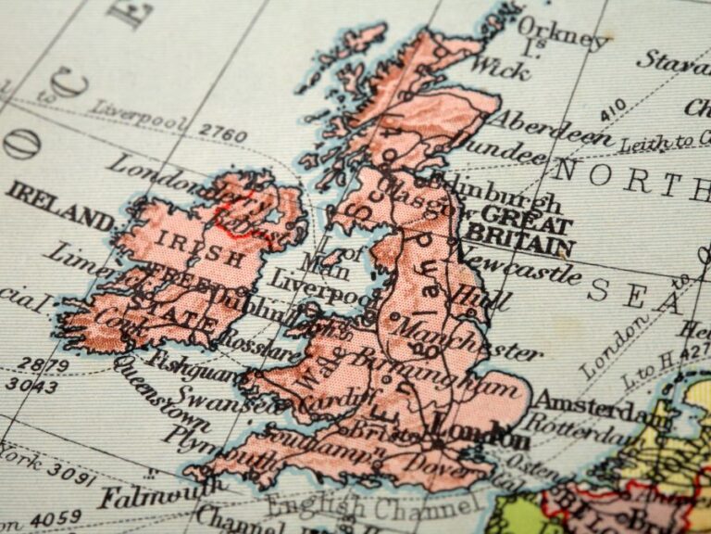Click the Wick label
(499, 66)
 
